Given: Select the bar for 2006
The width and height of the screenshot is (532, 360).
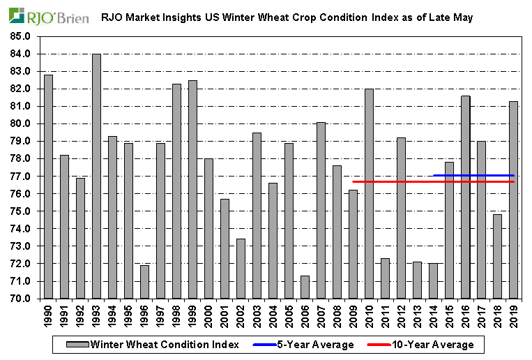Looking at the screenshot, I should (x=305, y=287).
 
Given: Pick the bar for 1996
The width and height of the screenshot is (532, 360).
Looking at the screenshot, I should (x=145, y=282).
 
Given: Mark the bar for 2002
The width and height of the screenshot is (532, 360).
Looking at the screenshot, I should (x=241, y=269).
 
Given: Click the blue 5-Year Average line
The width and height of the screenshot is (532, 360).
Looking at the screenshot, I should (x=474, y=175).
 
